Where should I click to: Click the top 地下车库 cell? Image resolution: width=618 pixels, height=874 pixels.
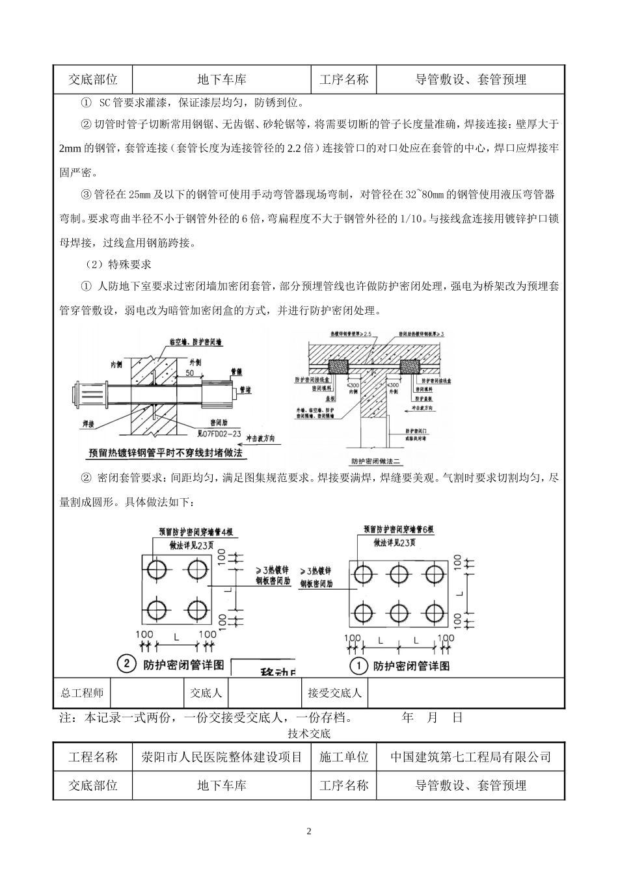click(222, 80)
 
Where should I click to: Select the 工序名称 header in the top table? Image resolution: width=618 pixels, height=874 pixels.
click(344, 80)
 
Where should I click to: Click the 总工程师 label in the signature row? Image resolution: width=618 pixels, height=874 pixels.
click(82, 693)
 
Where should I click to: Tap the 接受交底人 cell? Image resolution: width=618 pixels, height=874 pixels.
click(334, 693)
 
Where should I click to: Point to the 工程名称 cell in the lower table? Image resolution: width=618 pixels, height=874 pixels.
click(93, 757)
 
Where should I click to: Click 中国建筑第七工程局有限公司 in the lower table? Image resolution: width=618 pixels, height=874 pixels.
click(471, 757)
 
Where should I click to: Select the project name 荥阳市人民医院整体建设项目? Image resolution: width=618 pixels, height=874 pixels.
click(222, 757)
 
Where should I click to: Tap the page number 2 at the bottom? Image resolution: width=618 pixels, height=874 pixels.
click(309, 831)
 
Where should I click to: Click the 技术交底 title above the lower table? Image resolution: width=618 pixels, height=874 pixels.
click(309, 734)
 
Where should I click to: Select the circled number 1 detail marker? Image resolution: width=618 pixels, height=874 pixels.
click(358, 665)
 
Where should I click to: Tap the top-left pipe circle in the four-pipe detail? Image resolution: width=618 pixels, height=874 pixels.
click(156, 569)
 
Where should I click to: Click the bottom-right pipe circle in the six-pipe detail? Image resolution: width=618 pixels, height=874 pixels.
click(433, 612)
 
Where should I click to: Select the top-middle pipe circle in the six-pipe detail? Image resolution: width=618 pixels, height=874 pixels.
click(397, 574)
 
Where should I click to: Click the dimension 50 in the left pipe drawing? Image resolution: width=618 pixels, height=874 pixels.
click(190, 373)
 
